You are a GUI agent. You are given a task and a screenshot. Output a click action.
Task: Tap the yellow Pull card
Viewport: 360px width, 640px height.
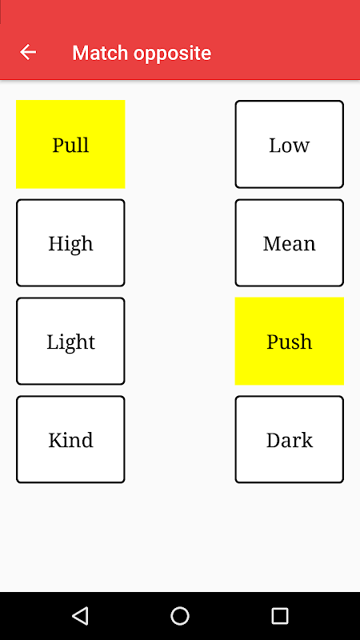click(x=70, y=144)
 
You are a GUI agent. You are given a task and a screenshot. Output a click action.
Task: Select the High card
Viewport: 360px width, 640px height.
click(x=70, y=243)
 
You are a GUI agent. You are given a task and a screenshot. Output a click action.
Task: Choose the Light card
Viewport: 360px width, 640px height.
click(x=70, y=342)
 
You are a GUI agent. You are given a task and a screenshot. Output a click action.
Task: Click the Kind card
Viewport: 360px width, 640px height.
click(x=70, y=439)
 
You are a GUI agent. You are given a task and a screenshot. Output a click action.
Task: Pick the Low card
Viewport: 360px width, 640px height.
click(x=290, y=144)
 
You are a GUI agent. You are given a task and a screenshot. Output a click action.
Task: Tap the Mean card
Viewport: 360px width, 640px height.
click(x=290, y=243)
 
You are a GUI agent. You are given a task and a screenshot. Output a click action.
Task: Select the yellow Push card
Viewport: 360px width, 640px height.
click(x=290, y=342)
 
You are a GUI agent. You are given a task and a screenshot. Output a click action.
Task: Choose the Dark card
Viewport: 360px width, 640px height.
click(x=290, y=439)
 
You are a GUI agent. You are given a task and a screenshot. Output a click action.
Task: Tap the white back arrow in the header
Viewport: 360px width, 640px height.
click(x=28, y=52)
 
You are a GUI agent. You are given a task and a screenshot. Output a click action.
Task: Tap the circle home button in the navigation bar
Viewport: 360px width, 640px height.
click(x=180, y=616)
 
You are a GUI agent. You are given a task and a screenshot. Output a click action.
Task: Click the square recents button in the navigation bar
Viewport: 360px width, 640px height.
click(x=279, y=616)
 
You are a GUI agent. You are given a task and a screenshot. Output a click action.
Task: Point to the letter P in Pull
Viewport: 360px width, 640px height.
click(x=58, y=146)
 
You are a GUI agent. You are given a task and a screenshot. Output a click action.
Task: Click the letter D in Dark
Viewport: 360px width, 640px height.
click(x=274, y=441)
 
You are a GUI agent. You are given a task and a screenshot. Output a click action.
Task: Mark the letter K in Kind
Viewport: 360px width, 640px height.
click(x=56, y=441)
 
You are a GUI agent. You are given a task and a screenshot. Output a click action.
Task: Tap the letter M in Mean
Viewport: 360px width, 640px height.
click(x=272, y=244)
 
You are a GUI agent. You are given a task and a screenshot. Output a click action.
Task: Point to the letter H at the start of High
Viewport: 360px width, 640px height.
click(x=57, y=244)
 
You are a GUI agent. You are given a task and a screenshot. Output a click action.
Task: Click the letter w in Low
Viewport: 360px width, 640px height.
click(x=302, y=147)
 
